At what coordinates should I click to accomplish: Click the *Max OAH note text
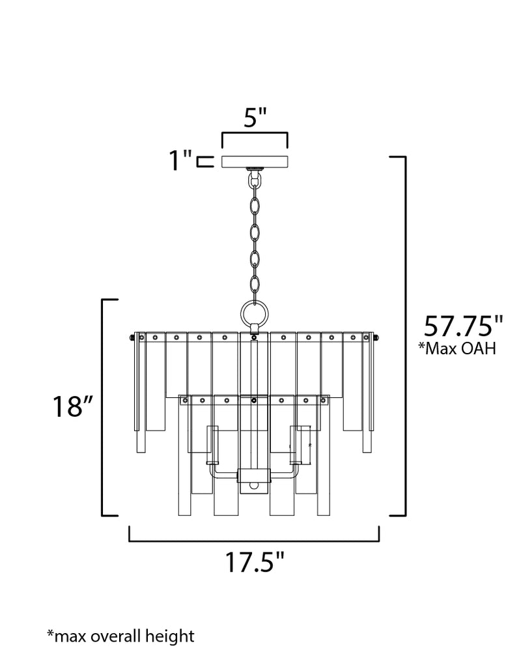click(x=458, y=349)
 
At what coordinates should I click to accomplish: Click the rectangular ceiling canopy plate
click(x=255, y=162)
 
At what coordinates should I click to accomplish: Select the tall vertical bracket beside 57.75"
click(x=403, y=336)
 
